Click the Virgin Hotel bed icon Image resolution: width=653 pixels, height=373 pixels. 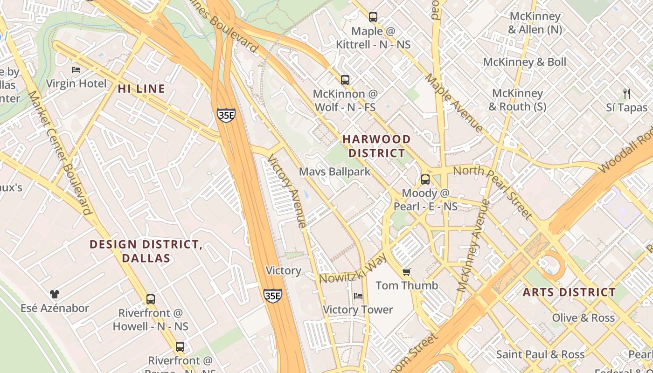pyautogui.click(x=76, y=70)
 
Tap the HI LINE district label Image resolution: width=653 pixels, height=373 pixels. pyautogui.click(x=141, y=89)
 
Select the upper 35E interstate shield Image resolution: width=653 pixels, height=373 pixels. pyautogui.click(x=226, y=115)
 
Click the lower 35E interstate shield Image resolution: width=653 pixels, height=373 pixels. pyautogui.click(x=272, y=296)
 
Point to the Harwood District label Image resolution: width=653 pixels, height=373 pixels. pyautogui.click(x=377, y=146)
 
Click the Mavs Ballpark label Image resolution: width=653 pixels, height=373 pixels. pyautogui.click(x=334, y=172)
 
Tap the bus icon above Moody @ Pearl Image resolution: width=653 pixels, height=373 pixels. pyautogui.click(x=425, y=180)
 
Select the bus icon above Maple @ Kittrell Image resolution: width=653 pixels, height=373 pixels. pyautogui.click(x=373, y=17)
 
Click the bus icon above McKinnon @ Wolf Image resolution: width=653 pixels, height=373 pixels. pyautogui.click(x=345, y=80)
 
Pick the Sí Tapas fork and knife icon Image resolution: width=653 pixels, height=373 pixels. pyautogui.click(x=627, y=94)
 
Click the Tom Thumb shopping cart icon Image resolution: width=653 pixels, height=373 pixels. pyautogui.click(x=407, y=272)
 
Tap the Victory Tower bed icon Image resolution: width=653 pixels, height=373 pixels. pyautogui.click(x=358, y=296)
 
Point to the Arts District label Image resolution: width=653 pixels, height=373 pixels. pyautogui.click(x=569, y=292)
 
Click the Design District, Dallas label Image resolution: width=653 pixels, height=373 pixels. pyautogui.click(x=146, y=251)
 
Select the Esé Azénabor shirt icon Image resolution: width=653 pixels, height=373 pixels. pyautogui.click(x=55, y=294)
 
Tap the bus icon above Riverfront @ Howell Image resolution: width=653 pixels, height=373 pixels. pyautogui.click(x=150, y=299)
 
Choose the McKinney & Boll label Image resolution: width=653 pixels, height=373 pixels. pyautogui.click(x=524, y=62)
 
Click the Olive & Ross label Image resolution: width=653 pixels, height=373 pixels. pyautogui.click(x=583, y=318)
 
